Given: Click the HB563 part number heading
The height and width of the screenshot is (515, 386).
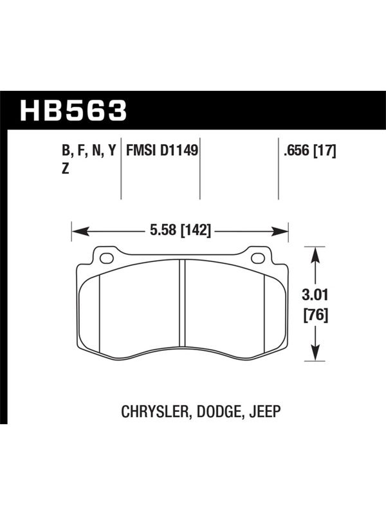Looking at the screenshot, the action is click(x=73, y=110).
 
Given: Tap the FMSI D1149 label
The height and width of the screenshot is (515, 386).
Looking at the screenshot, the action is click(x=162, y=151).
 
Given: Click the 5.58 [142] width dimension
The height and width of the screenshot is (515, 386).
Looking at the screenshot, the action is click(x=180, y=230).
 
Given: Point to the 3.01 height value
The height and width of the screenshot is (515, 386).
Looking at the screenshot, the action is click(x=315, y=295).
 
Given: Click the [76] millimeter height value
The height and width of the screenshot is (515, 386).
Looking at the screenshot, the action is click(x=315, y=315).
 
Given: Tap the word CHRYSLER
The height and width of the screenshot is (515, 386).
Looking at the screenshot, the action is click(x=154, y=411).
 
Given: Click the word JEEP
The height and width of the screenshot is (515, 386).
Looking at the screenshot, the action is click(x=265, y=411).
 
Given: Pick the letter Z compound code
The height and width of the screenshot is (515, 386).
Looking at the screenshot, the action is click(x=66, y=169).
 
